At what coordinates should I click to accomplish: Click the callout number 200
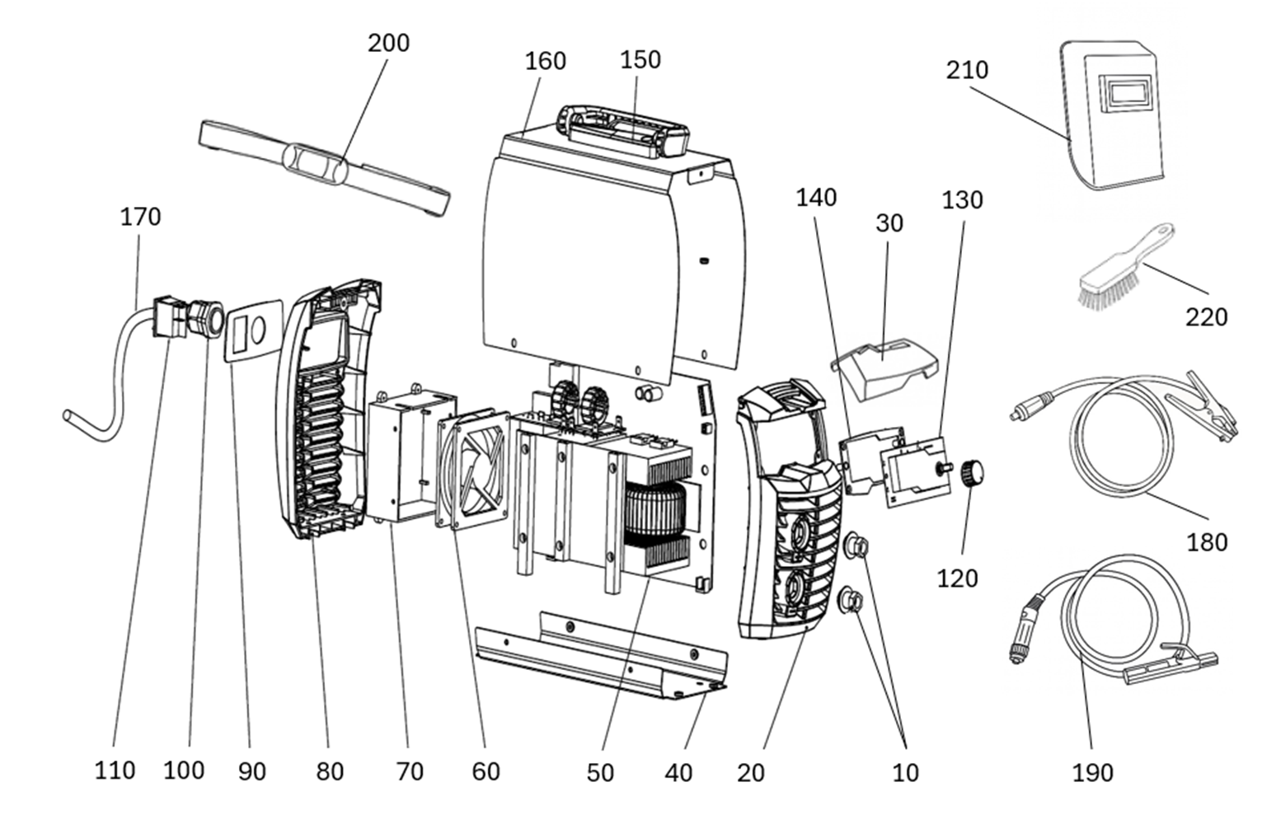point(389,44)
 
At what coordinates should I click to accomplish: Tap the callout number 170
point(140,217)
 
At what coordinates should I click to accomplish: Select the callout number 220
point(1206,317)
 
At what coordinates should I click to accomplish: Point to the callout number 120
point(957,578)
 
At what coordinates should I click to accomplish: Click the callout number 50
point(600,773)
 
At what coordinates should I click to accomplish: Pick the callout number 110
point(115,771)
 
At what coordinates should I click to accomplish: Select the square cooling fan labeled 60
point(472,470)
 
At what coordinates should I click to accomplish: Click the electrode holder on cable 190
point(1169,668)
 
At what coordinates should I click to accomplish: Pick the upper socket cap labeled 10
point(856,546)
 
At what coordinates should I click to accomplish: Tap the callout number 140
point(816,199)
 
